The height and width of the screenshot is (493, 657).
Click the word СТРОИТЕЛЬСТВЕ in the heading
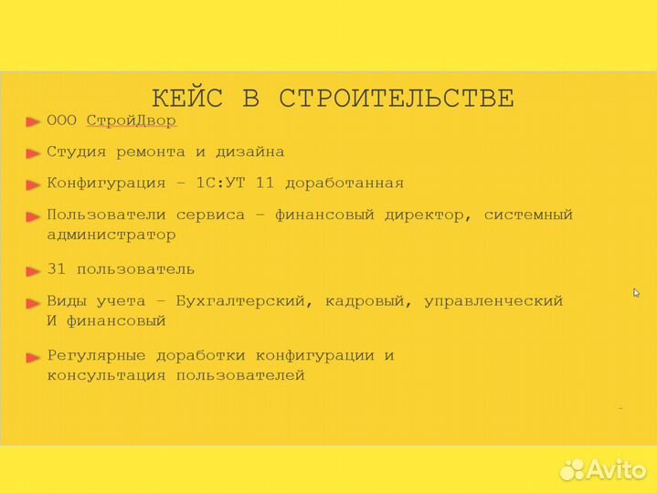click(396, 99)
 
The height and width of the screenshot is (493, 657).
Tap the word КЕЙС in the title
click(186, 99)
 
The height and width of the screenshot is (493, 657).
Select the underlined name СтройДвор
click(131, 121)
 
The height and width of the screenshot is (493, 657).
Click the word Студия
click(76, 152)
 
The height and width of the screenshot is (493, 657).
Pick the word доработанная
click(344, 183)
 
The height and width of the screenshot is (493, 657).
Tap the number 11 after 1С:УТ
click(264, 183)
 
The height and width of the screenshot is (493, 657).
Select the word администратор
click(111, 235)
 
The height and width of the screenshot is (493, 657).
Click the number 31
click(57, 269)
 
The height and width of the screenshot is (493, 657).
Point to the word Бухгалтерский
click(245, 300)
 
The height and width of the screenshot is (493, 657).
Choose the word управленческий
click(493, 300)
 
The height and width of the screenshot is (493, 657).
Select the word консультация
click(106, 375)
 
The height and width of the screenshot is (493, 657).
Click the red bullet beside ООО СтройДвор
click(33, 121)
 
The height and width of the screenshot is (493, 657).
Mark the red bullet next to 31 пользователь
click(33, 270)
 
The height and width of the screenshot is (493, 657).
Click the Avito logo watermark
click(603, 469)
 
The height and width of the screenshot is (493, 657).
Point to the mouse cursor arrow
click(637, 293)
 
